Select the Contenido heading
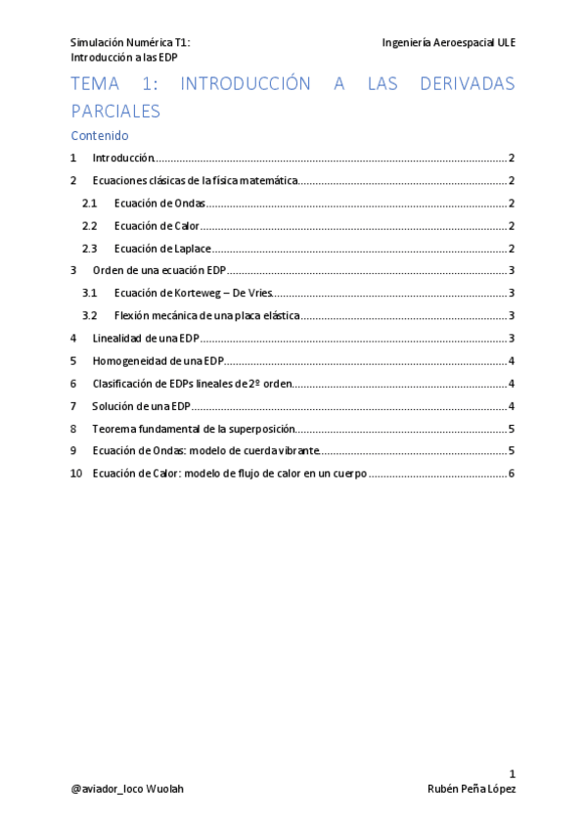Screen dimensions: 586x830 pos(100,136)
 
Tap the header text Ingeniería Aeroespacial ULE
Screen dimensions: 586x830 pos(449,43)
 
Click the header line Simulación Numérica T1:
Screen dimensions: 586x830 pos(130,43)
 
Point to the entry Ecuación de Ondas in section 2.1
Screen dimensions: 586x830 pos(159,204)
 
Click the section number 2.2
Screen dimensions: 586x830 pos(90,226)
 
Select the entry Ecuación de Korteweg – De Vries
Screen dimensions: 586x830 pos(192,293)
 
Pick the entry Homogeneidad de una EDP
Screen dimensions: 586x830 pos(150,361)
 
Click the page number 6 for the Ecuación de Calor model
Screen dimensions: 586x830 pos(512,474)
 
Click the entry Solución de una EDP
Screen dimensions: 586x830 pos(141,406)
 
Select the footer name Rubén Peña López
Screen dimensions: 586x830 pos(472,789)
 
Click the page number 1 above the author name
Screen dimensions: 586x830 pos(512,773)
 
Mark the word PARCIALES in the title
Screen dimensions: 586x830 pos(115,111)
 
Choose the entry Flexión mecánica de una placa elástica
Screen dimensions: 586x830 pos(206,316)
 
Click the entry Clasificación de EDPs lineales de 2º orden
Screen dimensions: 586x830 pos(192,384)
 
